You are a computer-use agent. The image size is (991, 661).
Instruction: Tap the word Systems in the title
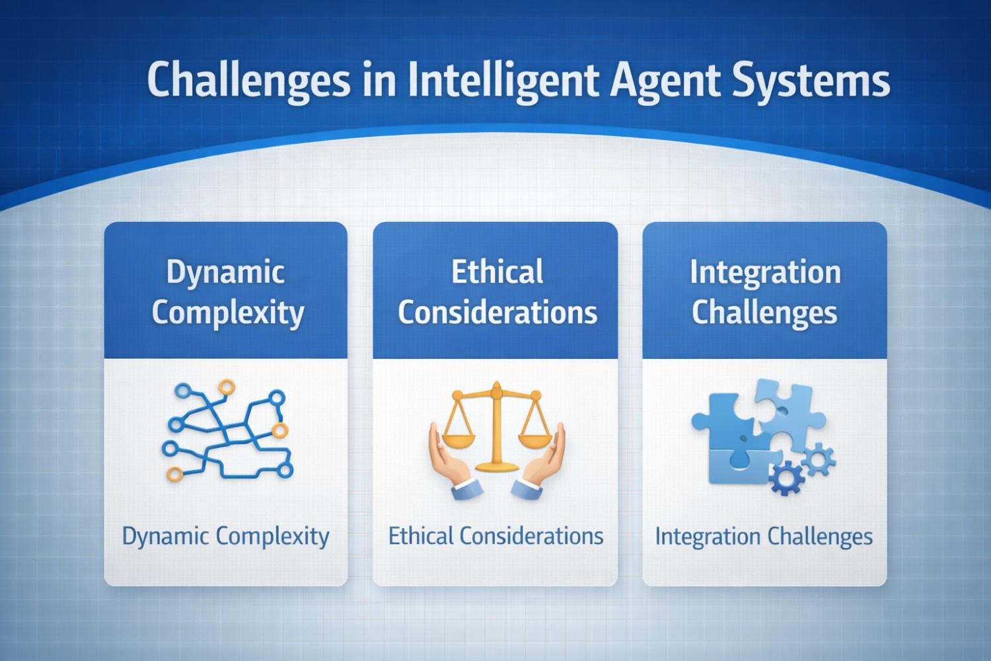[811, 82]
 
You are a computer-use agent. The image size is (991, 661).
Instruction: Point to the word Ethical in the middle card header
[497, 272]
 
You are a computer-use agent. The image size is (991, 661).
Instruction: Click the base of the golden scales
[497, 467]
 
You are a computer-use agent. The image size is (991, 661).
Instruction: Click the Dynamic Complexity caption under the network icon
[226, 537]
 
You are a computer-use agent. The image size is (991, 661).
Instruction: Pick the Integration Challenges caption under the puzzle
[764, 537]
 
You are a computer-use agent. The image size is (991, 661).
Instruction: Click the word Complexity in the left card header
[229, 313]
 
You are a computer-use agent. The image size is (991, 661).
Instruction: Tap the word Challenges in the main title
[248, 82]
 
